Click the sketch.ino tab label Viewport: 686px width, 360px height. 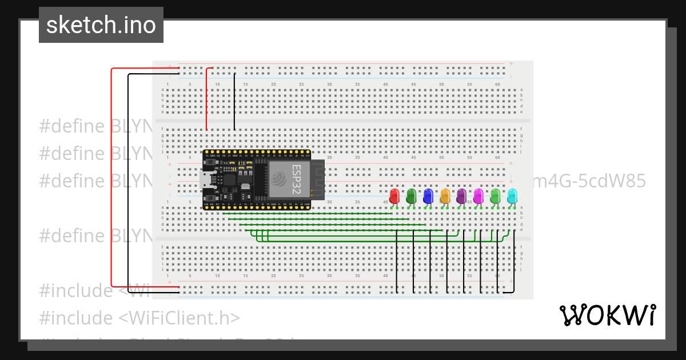(x=101, y=25)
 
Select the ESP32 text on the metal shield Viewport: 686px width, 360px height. (x=297, y=179)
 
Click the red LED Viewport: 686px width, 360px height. (x=394, y=196)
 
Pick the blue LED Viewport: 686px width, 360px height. (x=428, y=196)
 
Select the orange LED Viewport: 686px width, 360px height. (x=445, y=196)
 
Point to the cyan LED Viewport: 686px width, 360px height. (x=512, y=196)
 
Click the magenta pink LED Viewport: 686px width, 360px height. (x=478, y=196)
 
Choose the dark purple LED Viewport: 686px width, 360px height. (x=461, y=196)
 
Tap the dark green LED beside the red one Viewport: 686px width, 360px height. (x=411, y=196)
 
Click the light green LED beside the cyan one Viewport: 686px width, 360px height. (x=495, y=196)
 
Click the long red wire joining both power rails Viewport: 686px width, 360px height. (x=111, y=177)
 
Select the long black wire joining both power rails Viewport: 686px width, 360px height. (x=129, y=183)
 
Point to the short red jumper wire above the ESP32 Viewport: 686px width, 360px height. (x=206, y=100)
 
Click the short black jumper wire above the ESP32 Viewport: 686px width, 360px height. (x=234, y=103)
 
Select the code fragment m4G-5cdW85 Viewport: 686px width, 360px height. (x=589, y=181)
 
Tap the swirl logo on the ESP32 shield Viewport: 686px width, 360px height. (x=280, y=179)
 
